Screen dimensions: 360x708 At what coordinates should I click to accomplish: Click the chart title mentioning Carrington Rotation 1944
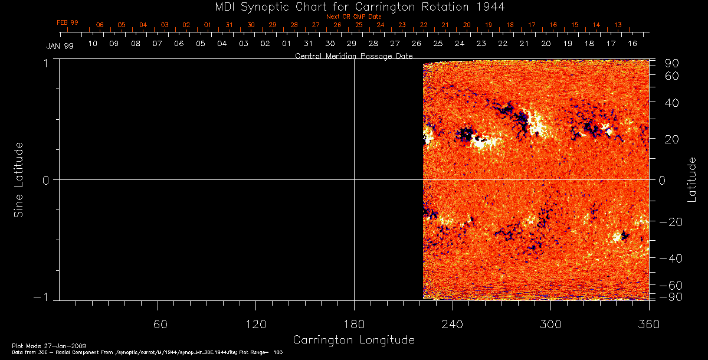(354, 6)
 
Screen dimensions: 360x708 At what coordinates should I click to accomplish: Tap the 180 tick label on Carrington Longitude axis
(354, 325)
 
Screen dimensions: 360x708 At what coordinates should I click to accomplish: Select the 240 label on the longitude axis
(452, 325)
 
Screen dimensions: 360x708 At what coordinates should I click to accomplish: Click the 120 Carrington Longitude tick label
(255, 325)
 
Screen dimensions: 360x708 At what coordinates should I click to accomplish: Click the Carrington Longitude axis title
(354, 341)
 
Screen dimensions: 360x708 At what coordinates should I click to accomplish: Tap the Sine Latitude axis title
(19, 179)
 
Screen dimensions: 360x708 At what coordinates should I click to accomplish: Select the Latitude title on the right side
(692, 179)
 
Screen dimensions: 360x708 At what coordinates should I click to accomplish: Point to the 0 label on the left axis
(45, 180)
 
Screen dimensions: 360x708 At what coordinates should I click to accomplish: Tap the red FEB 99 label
(67, 22)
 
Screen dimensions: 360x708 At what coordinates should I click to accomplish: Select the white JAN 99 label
(60, 46)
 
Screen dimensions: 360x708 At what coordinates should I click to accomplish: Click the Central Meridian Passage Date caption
(354, 55)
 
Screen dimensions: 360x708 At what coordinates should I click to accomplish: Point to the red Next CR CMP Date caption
(354, 17)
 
